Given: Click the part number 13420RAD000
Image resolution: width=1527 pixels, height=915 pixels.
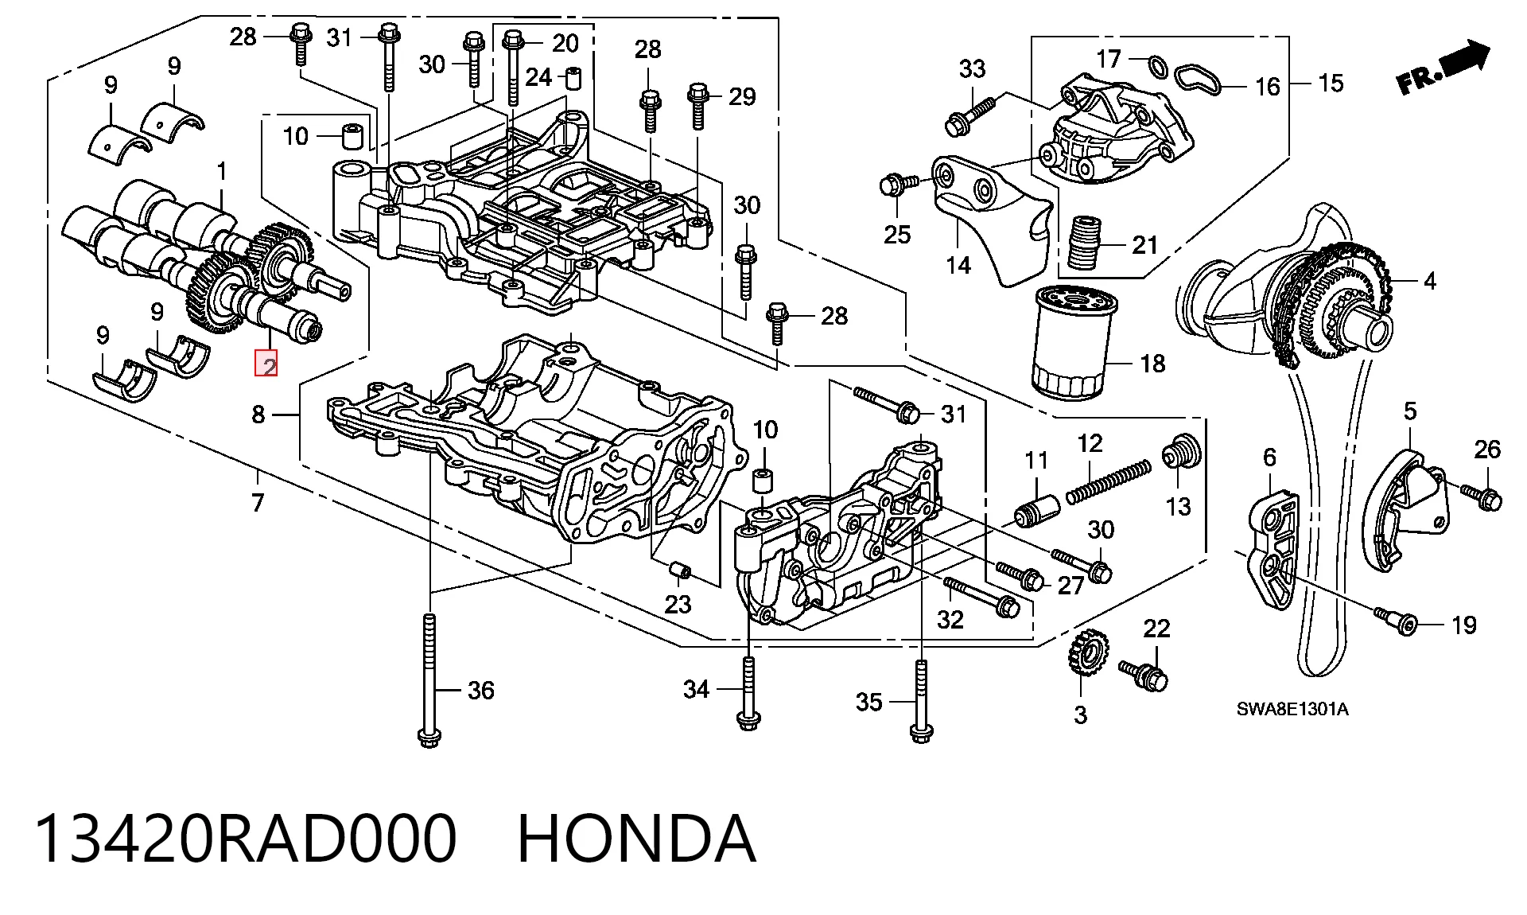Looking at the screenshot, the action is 246,839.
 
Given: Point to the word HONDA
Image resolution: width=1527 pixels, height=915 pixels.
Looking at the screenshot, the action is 636,839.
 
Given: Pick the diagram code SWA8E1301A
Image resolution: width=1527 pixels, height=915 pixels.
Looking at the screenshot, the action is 1292,709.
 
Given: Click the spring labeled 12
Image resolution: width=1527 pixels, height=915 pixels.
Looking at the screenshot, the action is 1108,482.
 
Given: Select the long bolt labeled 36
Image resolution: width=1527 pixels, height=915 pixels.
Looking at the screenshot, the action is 429,680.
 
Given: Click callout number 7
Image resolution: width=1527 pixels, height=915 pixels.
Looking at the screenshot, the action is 257,503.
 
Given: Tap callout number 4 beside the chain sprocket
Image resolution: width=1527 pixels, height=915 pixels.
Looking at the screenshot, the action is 1429,281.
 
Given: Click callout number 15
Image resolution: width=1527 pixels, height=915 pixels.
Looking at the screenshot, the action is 1331,83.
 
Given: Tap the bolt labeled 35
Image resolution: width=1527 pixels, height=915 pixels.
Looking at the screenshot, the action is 921,701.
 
